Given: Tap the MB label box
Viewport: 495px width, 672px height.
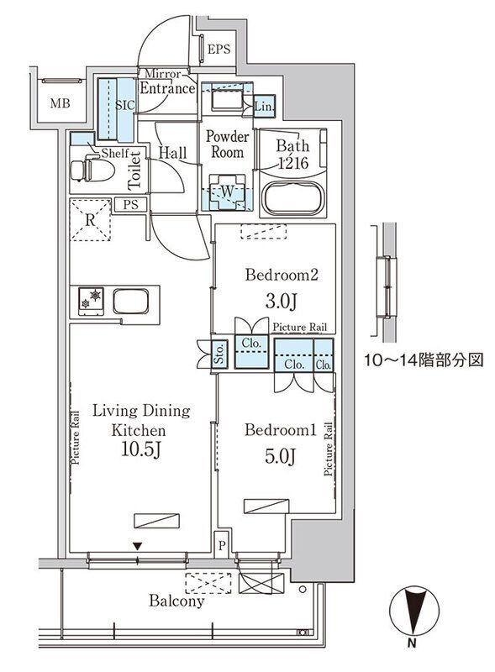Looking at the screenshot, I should point(59,104).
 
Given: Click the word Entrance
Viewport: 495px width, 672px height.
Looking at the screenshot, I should point(167,87).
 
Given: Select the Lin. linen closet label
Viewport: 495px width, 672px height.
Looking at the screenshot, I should point(264,106).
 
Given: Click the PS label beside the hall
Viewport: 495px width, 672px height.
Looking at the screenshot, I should point(130,204).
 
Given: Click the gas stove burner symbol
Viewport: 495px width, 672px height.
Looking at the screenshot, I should point(91,298).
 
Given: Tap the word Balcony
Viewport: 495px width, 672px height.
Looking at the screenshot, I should point(176,601).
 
